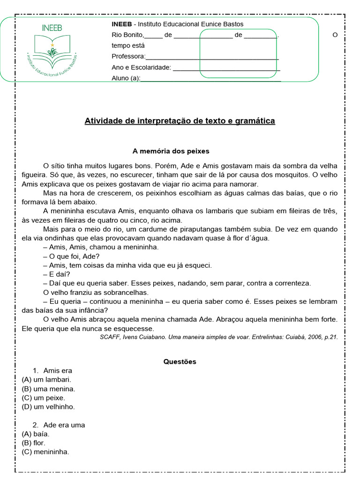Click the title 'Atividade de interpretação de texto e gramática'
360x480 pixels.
pos(180,121)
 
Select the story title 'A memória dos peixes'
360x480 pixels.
pos(171,151)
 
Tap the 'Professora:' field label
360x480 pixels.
pos(128,57)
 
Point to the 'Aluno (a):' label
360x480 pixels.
pos(126,78)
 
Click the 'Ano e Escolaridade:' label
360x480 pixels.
pos(141,67)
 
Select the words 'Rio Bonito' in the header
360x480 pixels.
pos(127,35)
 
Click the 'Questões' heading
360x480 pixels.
pos(180,362)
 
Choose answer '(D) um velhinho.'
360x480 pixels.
pos(48,407)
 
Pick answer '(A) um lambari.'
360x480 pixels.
pos(46,380)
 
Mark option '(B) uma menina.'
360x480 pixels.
pos(48,389)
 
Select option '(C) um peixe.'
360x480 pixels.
pos(43,398)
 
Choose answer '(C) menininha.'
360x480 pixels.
pos(45,452)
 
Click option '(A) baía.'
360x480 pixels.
pos(36,434)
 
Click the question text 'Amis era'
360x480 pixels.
pos(58,371)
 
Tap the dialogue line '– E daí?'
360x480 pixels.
pos(56,274)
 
